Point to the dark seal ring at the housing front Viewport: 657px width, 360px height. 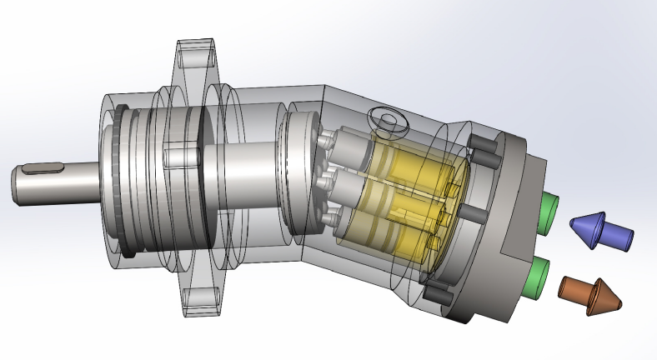pos(122,179)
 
